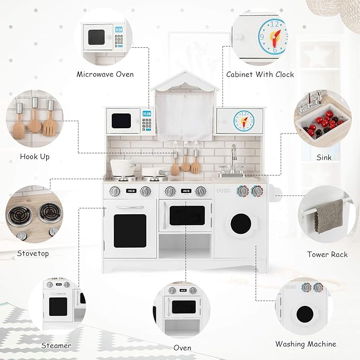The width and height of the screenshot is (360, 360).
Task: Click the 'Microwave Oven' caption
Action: pos(105,74)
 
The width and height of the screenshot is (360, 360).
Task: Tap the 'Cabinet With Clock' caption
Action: pos(260,74)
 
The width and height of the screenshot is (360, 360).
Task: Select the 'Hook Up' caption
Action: pos(34,156)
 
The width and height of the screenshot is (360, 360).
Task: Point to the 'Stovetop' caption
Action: pos(33,253)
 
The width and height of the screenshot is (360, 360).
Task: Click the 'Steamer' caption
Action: pos(56,346)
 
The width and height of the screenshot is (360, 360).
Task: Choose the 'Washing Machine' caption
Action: pos(305,344)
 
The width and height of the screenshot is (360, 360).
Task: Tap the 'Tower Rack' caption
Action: pos(328,254)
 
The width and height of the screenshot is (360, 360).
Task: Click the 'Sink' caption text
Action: pos(324,157)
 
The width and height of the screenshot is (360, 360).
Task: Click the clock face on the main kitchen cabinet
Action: pos(243,120)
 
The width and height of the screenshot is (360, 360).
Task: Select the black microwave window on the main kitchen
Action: pos(121,120)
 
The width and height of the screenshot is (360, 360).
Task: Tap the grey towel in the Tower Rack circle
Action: pos(328,215)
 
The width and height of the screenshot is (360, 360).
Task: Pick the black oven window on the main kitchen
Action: pos(187,215)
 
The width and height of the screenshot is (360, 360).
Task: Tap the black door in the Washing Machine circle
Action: pos(304,314)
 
